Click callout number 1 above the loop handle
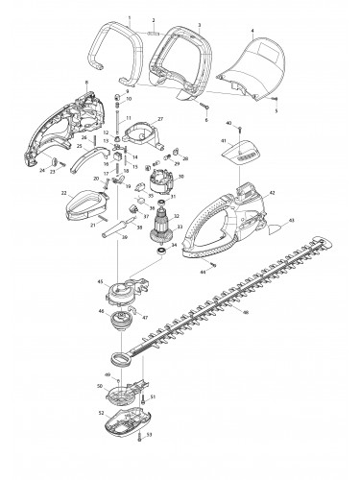tap(130, 18)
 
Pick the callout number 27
tap(186, 118)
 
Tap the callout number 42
tap(273, 193)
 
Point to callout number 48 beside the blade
tap(247, 313)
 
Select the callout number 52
tap(101, 414)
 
